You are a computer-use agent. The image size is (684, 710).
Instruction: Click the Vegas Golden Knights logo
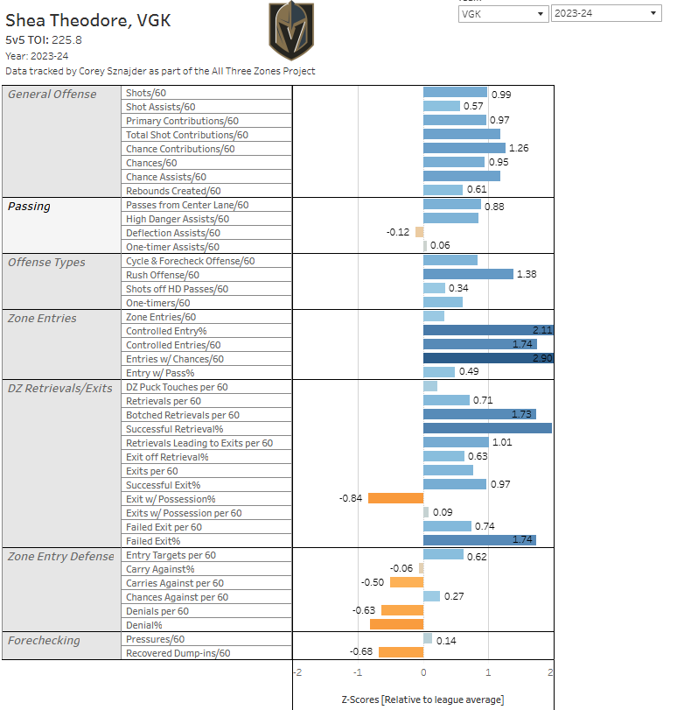292,31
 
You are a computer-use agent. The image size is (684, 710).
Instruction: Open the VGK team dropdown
503,13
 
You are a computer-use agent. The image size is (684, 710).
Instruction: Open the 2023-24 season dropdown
605,13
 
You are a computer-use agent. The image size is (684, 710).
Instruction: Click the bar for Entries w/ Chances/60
488,358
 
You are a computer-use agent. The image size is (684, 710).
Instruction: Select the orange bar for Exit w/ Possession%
395,498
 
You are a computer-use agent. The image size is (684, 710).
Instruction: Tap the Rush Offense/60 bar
468,274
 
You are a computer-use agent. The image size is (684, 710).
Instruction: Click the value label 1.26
520,149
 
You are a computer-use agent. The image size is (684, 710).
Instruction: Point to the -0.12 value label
398,232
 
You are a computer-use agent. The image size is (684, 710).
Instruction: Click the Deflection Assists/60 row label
173,233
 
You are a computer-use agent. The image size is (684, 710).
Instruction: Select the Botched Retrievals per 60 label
182,415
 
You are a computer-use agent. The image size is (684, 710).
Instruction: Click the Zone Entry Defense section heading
60,556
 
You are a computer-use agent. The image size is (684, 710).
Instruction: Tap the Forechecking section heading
44,640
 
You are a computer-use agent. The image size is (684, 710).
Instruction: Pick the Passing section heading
30,207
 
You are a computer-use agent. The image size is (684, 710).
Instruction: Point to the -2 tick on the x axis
297,672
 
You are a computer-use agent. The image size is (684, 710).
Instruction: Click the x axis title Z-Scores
422,699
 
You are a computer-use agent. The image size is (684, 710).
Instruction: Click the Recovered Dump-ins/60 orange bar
401,652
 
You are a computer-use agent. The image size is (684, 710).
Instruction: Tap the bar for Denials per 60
401,610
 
